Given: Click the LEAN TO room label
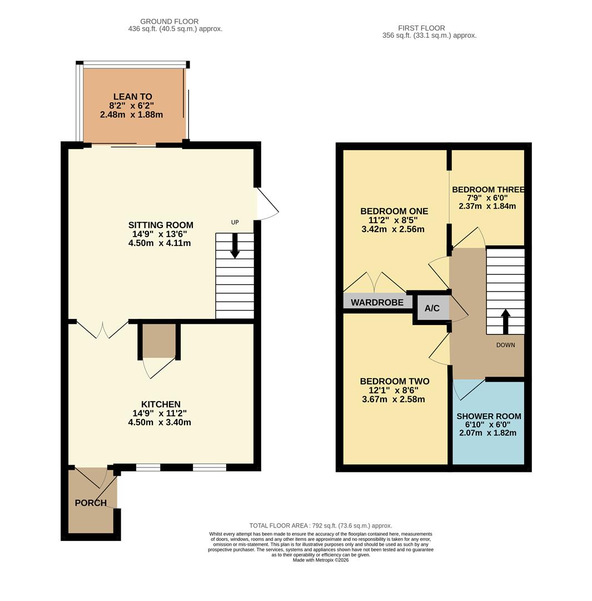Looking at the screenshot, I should pos(132,97).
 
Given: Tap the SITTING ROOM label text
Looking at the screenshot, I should pos(161,225).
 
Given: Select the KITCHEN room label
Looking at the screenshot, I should pos(161,405).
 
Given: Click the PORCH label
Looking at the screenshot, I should pos(91,503).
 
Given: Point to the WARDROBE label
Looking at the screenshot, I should pos(377,303).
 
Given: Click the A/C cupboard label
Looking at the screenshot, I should pos(432,308).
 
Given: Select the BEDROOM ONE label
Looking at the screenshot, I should pos(394,211).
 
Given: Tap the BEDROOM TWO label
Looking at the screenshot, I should pos(394,381).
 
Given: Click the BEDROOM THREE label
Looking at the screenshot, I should pos(488,190).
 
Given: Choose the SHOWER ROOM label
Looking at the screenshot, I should pos(489,416).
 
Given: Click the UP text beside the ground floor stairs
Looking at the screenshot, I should pos(235,223).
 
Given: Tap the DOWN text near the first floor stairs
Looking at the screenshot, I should pos(505,345).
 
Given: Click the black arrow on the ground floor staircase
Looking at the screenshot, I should pos(235,246).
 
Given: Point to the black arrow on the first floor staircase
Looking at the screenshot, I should pos(505,321).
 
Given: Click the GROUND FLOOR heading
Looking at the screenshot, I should pos(169,22).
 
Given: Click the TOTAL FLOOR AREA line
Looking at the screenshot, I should pos(320,525).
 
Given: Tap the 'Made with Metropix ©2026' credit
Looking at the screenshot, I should pos(320,560).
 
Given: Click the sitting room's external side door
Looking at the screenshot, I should pos(267,204).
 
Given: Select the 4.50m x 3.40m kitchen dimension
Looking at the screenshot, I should pos(160,422).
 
